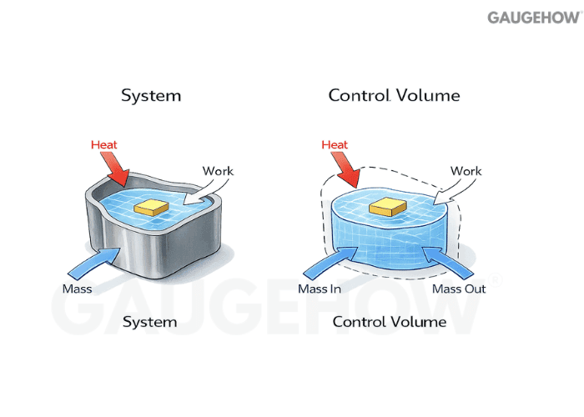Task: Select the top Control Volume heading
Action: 394,95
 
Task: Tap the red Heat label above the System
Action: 103,145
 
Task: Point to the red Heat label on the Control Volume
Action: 335,145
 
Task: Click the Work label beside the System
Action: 219,171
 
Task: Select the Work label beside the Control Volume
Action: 466,171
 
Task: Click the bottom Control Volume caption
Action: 389,321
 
